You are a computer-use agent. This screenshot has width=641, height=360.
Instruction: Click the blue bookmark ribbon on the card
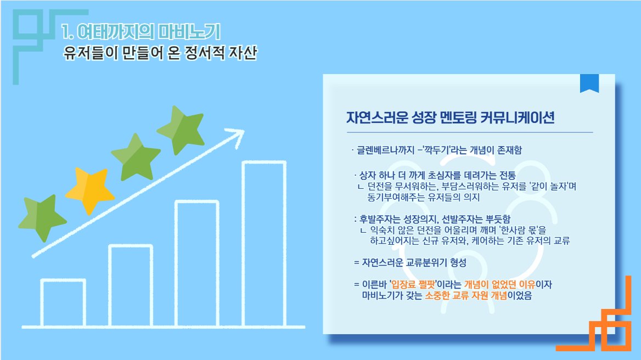pos(589,83)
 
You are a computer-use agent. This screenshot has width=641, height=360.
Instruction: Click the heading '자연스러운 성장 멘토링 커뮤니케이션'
pos(450,118)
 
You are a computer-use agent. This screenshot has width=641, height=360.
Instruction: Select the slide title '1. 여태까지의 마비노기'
pos(142,32)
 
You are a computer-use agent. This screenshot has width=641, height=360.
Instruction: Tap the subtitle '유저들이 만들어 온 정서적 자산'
pos(160,54)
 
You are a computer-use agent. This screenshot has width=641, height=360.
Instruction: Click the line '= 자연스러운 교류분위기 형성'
pos(410,262)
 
